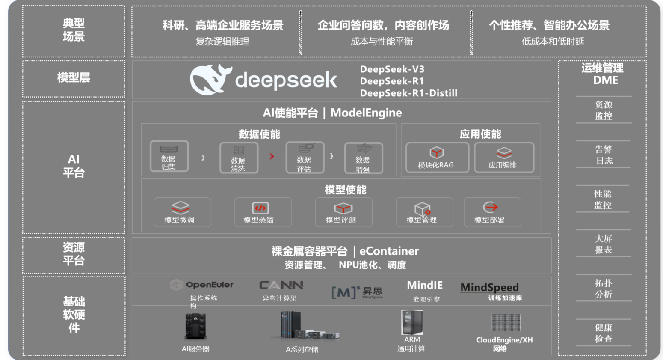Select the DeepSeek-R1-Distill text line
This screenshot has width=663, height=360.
[408, 93]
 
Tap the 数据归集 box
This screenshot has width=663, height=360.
[169, 157]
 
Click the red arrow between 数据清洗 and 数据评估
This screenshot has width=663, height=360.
[272, 156]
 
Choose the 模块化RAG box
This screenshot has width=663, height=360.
[437, 158]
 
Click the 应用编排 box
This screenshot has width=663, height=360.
[503, 158]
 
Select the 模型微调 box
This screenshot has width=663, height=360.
[182, 212]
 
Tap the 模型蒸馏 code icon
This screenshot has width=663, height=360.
[260, 208]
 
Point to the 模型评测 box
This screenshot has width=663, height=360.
[343, 212]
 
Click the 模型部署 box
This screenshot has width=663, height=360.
[492, 212]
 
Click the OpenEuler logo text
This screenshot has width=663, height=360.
[209, 285]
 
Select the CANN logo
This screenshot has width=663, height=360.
[281, 285]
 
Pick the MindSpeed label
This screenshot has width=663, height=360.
[489, 287]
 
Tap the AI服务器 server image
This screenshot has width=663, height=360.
[195, 327]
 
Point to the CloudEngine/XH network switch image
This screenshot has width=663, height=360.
[506, 323]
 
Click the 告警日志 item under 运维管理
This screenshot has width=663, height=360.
[604, 155]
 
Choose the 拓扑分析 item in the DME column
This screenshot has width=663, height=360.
[604, 289]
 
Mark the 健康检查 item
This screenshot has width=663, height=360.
[604, 333]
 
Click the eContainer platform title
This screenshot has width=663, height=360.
[345, 251]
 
